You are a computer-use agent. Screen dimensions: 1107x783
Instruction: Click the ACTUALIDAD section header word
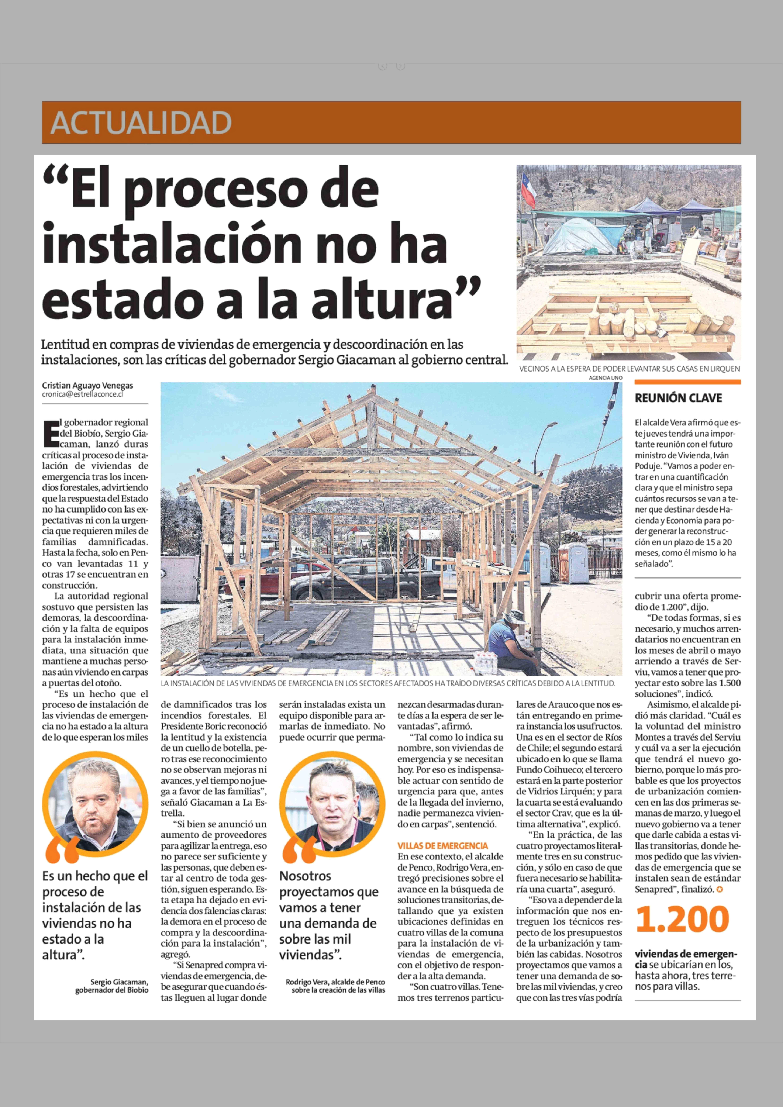[x=141, y=123]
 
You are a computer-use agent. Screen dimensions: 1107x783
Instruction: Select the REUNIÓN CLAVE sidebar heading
[x=678, y=398]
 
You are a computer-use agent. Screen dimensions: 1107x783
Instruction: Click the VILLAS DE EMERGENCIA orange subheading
[x=442, y=845]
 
